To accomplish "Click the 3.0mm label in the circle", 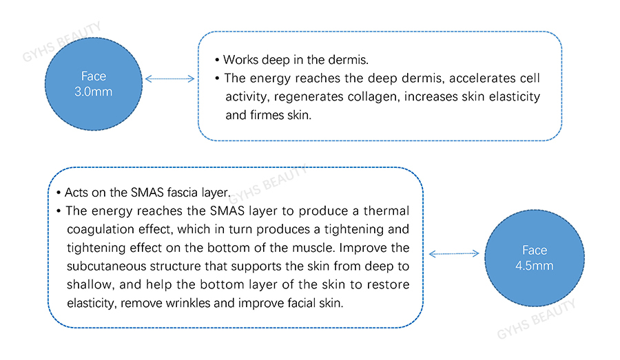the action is pyautogui.click(x=93, y=92).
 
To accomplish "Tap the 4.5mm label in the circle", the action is pyautogui.click(x=534, y=266).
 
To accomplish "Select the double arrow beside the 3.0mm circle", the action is pyautogui.click(x=170, y=78).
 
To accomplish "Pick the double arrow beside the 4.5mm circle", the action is pyautogui.click(x=454, y=253).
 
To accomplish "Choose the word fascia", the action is pyautogui.click(x=183, y=193).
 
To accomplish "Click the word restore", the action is pyautogui.click(x=389, y=284).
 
